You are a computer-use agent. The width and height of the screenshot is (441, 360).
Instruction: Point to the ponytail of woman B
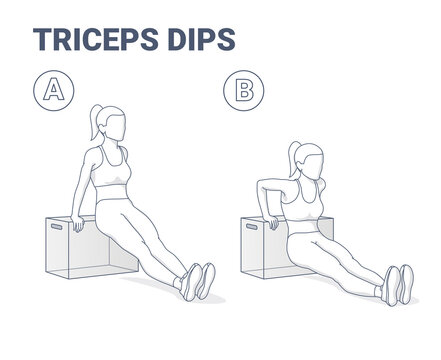[292, 159]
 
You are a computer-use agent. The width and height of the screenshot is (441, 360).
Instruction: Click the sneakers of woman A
[193, 280]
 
